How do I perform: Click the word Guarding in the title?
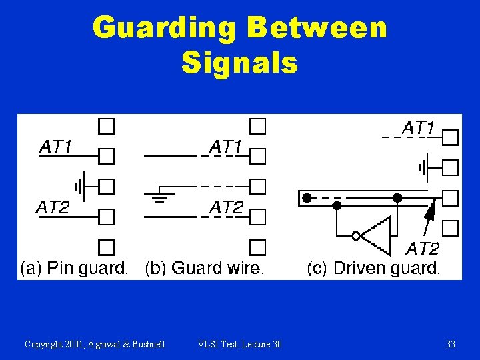tap(164, 29)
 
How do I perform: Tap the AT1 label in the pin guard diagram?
tap(57, 147)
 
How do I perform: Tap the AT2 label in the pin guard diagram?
tap(52, 207)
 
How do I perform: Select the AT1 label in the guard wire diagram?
tap(226, 146)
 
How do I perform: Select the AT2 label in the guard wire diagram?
tap(226, 207)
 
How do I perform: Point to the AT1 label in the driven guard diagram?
tap(418, 127)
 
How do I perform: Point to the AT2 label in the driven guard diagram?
tap(423, 249)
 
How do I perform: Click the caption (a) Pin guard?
tap(74, 268)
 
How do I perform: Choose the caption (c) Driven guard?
tap(373, 268)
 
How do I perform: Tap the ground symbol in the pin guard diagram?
tap(79, 186)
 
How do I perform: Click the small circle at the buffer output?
tap(357, 235)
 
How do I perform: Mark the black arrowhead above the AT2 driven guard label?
tap(431, 211)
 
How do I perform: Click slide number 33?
tap(451, 344)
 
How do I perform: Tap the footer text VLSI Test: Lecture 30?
tap(240, 344)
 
